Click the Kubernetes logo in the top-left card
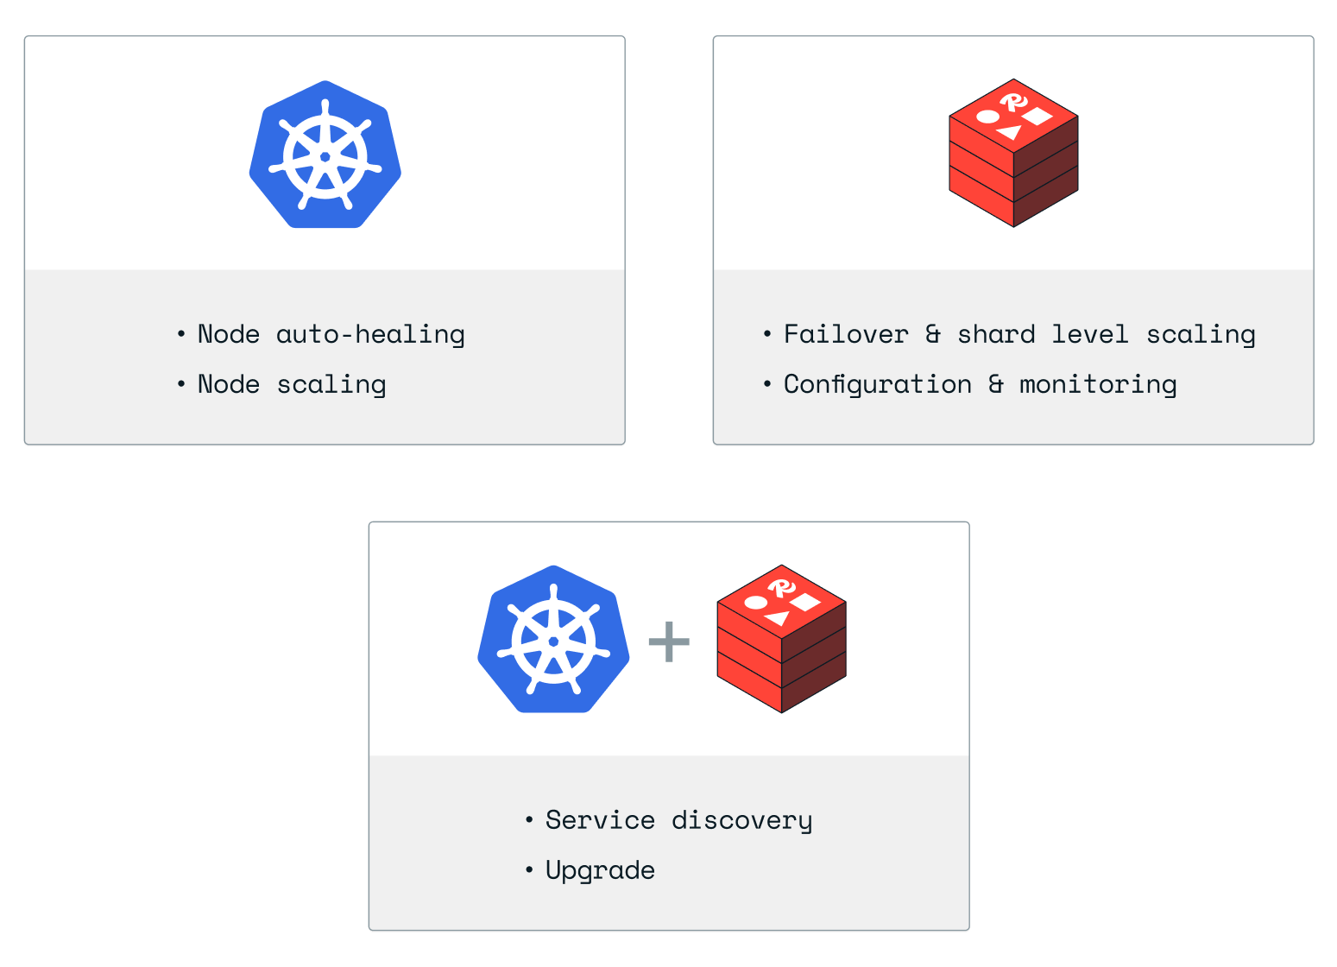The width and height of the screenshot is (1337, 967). (325, 155)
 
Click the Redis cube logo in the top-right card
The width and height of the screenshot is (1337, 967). (1013, 154)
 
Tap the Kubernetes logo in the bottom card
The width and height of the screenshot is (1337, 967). (553, 640)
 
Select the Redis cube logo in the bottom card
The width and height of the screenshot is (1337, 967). (781, 639)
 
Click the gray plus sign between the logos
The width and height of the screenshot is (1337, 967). (669, 642)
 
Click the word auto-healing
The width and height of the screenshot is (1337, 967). (370, 334)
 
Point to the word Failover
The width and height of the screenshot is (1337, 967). (846, 334)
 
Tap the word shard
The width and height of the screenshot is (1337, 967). (996, 334)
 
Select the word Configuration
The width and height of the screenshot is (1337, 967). (877, 384)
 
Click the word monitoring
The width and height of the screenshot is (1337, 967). (1098, 384)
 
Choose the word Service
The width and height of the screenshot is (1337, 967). (600, 819)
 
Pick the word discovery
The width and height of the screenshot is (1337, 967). (741, 820)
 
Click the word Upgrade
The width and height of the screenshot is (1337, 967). (600, 870)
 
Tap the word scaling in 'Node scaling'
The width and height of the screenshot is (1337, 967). (331, 385)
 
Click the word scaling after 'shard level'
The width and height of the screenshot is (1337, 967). (1201, 335)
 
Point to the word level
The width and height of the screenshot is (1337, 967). (1090, 334)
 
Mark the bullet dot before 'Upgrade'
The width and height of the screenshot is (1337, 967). (529, 869)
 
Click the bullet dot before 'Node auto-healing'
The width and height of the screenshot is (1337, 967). (181, 333)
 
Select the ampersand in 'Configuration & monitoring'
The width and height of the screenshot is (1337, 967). (996, 384)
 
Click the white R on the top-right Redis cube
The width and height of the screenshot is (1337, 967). (1014, 103)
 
